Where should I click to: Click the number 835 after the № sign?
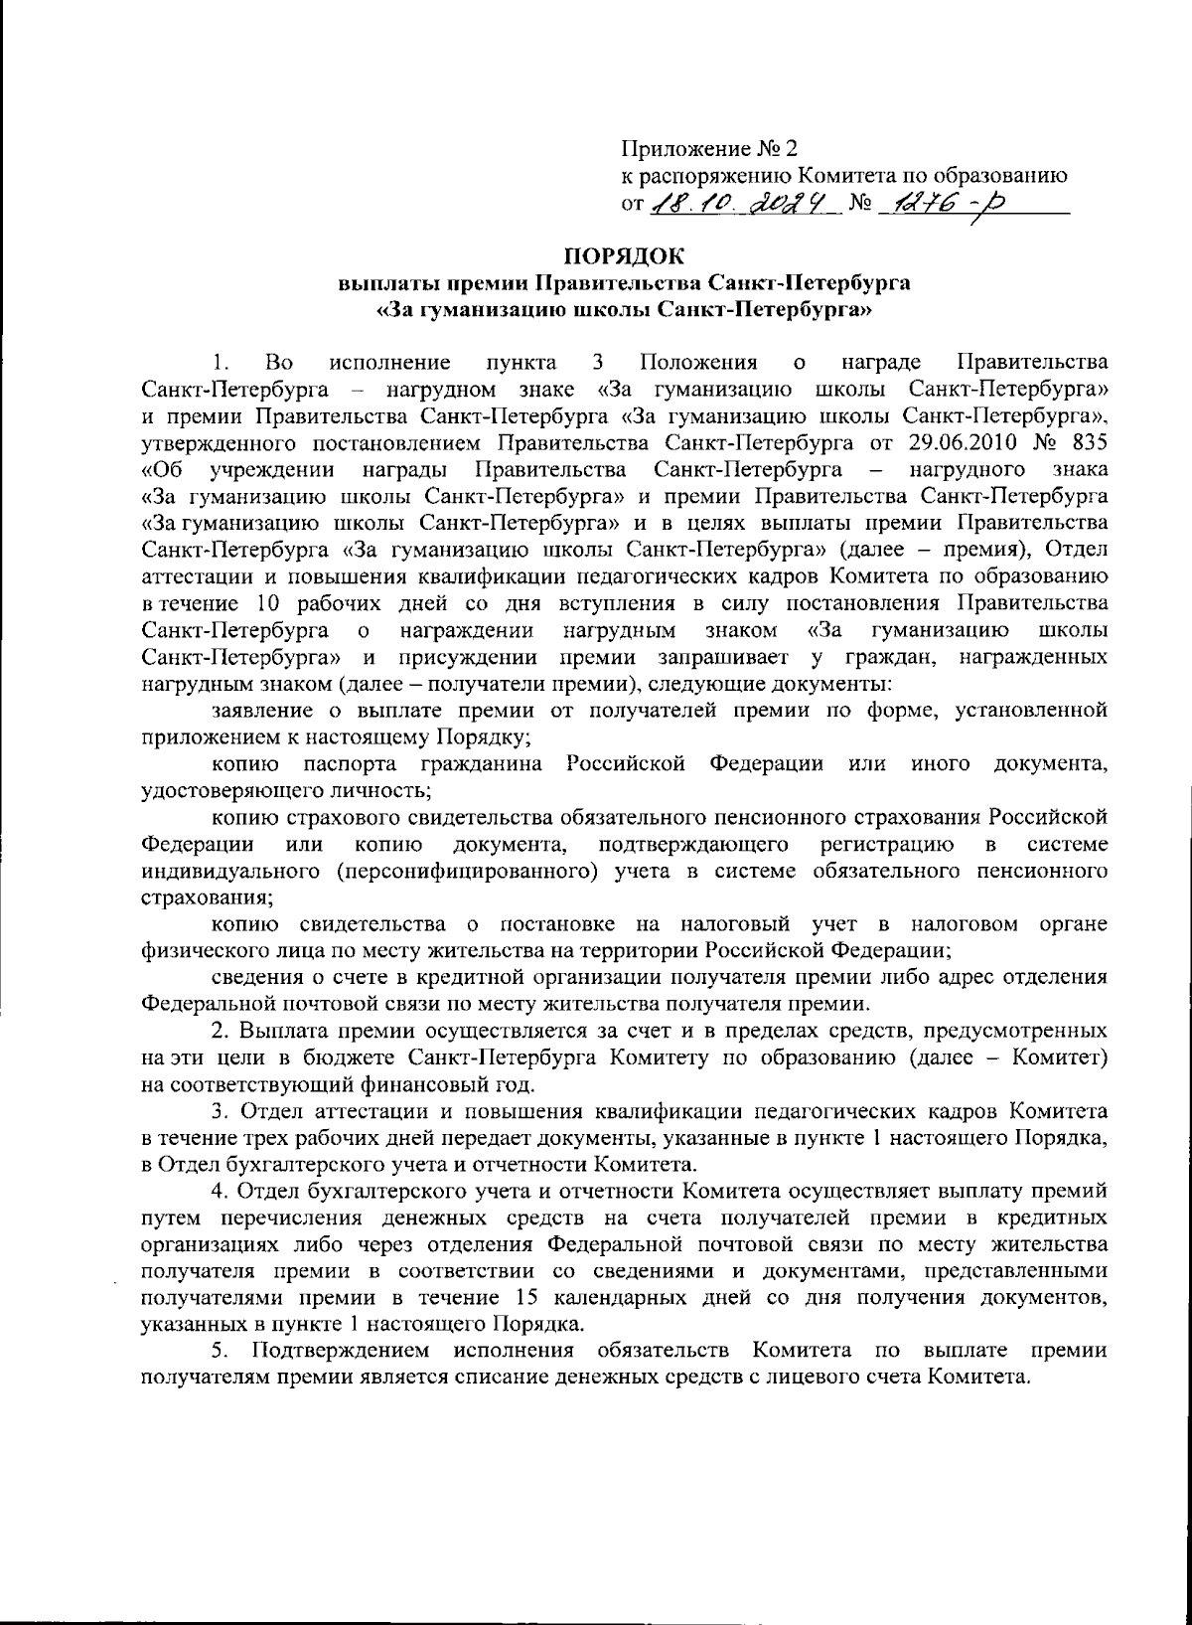coord(1090,440)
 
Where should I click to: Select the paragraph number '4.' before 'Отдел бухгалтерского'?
coord(222,1191)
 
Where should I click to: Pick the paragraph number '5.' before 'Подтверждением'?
coord(222,1351)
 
